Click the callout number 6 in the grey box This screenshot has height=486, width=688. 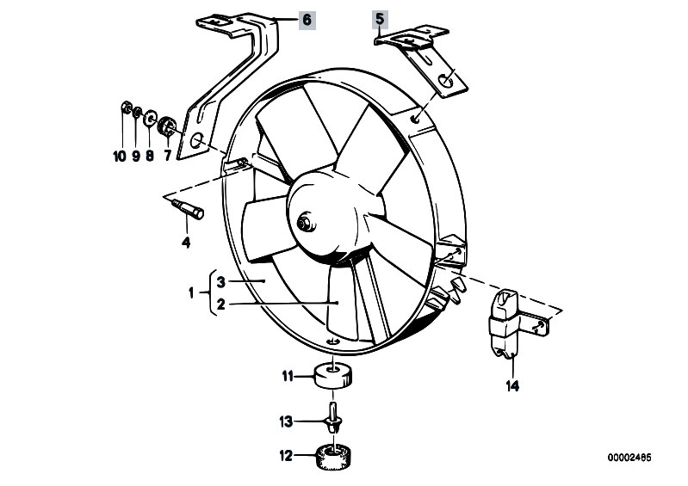[307, 20]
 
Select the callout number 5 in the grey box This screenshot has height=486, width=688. [380, 19]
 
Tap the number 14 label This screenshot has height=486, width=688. [512, 386]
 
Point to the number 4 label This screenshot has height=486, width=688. [186, 243]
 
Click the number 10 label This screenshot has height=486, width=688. [120, 156]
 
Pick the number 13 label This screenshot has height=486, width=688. [286, 422]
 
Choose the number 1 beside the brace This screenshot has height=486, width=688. [191, 292]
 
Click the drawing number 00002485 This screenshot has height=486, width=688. [629, 458]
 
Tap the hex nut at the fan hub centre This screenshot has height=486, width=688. [303, 223]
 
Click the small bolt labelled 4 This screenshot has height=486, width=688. [188, 208]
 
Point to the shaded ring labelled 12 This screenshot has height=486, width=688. [335, 457]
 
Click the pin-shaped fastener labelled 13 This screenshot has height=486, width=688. [334, 417]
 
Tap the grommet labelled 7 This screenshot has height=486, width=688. [167, 126]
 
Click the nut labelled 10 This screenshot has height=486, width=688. [125, 107]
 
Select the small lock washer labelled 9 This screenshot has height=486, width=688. [137, 112]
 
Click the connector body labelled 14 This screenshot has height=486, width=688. [504, 323]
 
